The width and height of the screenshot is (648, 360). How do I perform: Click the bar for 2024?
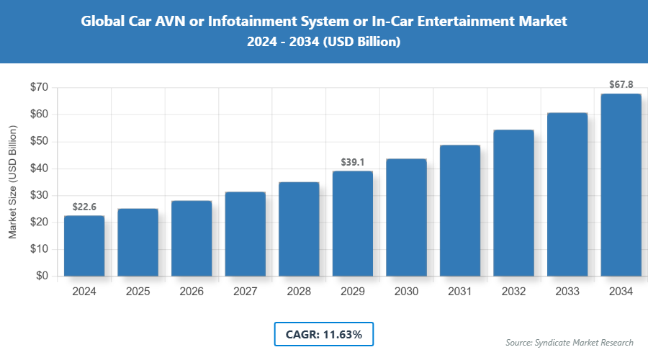[84, 246]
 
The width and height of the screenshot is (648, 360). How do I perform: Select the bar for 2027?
[246, 234]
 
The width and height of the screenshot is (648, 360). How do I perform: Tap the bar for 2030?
[406, 217]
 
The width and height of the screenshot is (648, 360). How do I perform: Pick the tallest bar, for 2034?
[621, 185]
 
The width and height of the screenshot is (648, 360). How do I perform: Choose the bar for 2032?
[513, 203]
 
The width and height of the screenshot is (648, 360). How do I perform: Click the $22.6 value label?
[84, 207]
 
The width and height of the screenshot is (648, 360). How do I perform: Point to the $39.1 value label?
[353, 163]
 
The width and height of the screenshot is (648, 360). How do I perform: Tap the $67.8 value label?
[621, 85]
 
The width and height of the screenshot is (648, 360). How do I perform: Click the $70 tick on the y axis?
[39, 87]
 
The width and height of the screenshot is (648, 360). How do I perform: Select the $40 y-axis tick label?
[39, 168]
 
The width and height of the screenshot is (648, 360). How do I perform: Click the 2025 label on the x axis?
[138, 292]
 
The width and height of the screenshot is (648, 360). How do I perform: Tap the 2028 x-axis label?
[299, 292]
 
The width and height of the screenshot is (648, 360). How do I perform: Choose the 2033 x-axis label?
[567, 292]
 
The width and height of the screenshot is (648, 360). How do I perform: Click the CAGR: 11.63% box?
[324, 334]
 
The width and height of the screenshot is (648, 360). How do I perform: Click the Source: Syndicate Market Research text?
[570, 343]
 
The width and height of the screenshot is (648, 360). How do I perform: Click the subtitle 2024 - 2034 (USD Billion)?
[324, 42]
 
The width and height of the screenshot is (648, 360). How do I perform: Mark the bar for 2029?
[353, 224]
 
